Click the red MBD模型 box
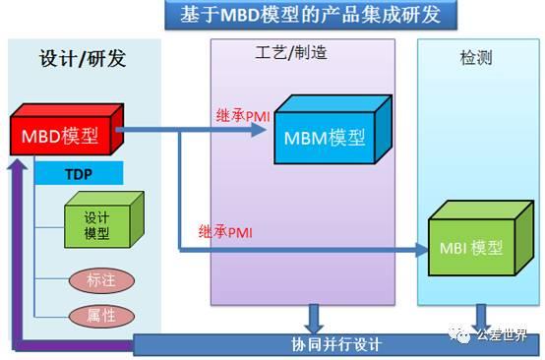(62, 135)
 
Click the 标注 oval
(101, 279)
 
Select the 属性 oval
(101, 316)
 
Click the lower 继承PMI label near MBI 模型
(225, 232)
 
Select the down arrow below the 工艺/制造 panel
(314, 319)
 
